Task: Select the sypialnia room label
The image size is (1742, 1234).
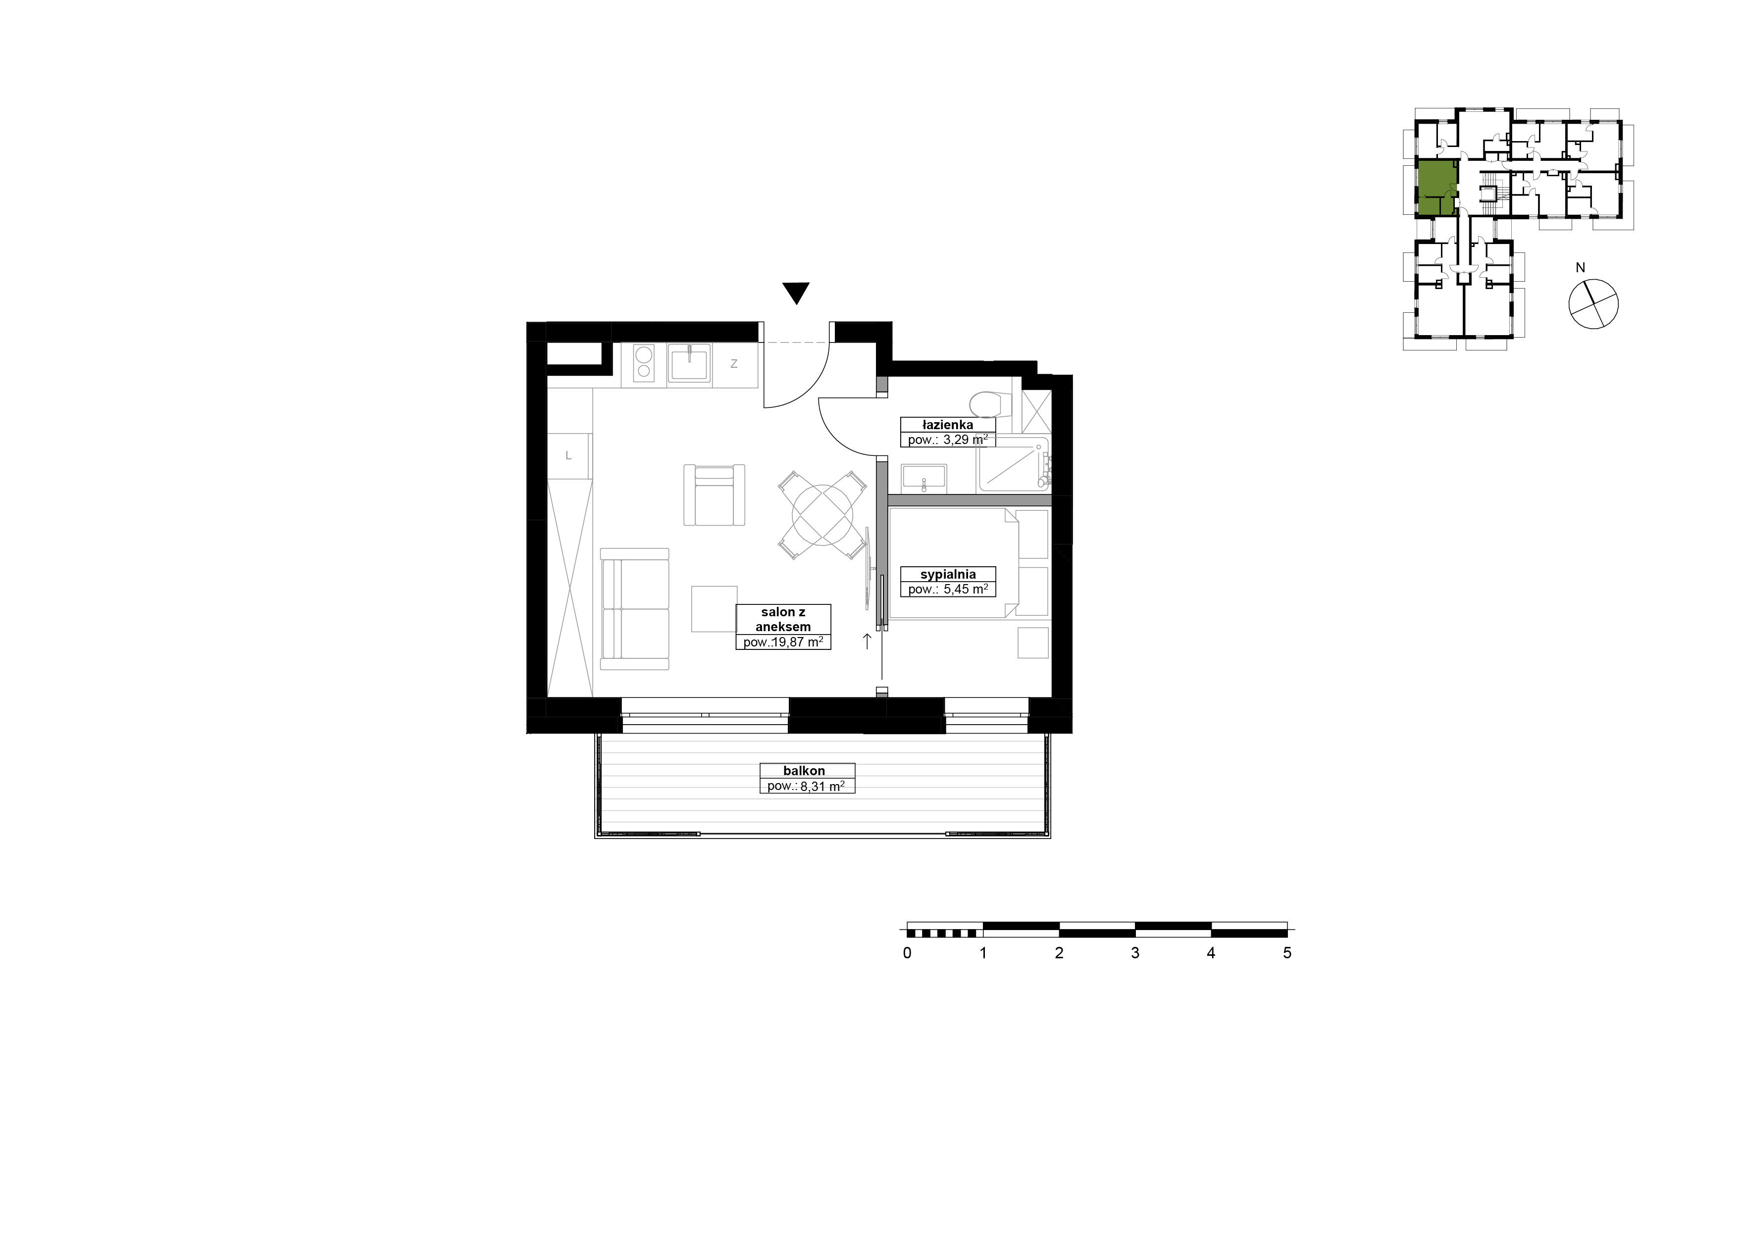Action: click(948, 575)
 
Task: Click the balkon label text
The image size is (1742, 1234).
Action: click(804, 771)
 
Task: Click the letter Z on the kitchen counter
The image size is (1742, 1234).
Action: click(734, 364)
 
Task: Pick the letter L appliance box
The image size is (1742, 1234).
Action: click(568, 456)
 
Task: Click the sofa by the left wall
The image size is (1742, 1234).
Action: click(635, 609)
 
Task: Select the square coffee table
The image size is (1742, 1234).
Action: click(715, 609)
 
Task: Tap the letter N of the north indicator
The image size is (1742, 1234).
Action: click(1581, 267)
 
